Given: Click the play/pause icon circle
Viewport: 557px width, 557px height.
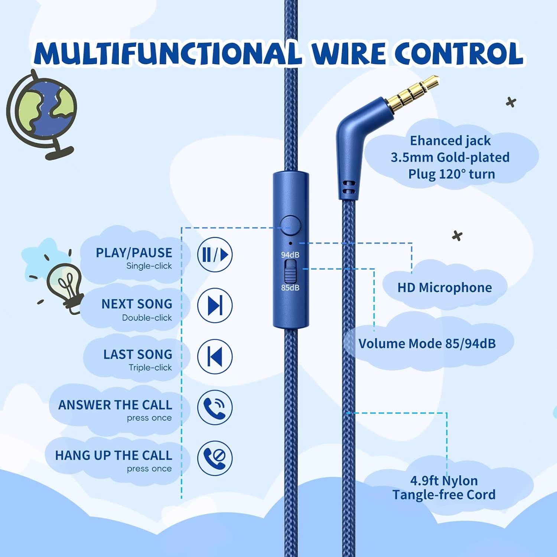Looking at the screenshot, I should click(x=215, y=255).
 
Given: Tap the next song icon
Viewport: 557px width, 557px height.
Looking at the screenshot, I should click(x=215, y=305).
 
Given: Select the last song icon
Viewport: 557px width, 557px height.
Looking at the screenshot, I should click(x=215, y=356).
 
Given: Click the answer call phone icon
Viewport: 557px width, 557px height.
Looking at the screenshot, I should click(x=215, y=407).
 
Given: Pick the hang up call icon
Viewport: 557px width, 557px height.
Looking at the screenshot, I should click(x=215, y=458).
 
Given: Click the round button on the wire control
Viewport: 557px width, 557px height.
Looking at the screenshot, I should click(x=290, y=225).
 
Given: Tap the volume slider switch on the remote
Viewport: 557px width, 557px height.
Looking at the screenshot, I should click(x=290, y=271).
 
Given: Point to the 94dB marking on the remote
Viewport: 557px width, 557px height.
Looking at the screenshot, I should click(x=290, y=255).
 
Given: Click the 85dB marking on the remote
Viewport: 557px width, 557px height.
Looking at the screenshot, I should click(x=290, y=287).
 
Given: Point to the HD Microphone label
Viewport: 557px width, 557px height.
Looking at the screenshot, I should click(x=444, y=287).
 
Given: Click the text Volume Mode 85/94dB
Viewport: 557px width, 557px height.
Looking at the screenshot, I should click(x=427, y=343).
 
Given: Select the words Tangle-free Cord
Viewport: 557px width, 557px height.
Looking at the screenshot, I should click(x=444, y=495).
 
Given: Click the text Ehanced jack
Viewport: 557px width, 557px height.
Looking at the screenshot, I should click(x=450, y=141).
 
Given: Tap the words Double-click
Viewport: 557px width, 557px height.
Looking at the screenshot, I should click(x=147, y=318).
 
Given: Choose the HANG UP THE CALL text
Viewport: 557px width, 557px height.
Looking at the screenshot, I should click(x=114, y=455).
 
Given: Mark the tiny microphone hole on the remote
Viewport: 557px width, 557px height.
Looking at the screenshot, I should click(x=290, y=244).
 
